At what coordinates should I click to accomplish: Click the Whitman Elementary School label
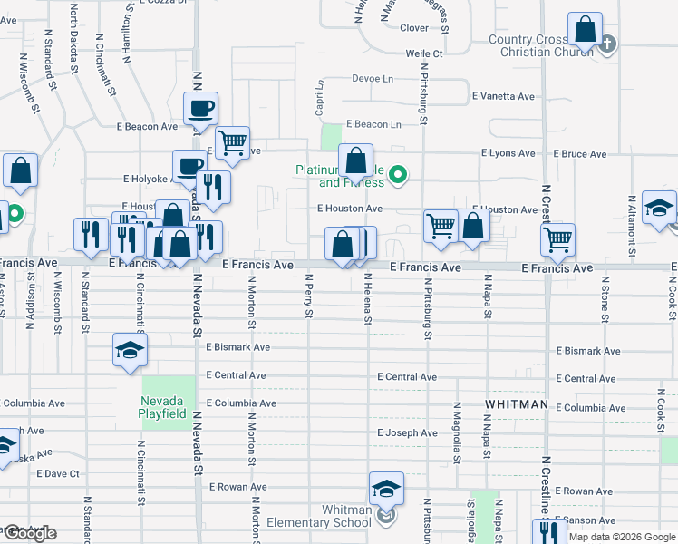coord(319,516)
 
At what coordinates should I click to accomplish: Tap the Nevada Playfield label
coord(163,408)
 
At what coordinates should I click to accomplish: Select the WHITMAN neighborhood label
coord(517,403)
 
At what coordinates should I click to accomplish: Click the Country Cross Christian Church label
coord(540,45)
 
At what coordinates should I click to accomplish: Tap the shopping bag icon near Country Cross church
coord(586,29)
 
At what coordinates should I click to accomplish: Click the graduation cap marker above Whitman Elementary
coord(386,490)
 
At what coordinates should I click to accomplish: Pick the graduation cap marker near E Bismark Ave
coord(131,350)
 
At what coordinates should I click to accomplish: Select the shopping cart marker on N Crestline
coord(557,239)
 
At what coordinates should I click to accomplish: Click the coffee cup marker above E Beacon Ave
coord(200,108)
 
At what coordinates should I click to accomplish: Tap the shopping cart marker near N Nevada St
coord(232,142)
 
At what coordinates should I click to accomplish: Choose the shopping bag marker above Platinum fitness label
coord(356,160)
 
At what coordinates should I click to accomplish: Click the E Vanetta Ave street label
coord(503,96)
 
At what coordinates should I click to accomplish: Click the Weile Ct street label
coord(423,54)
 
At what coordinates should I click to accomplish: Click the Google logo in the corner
coord(30,533)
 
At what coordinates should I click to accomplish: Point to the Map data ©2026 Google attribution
coord(622,537)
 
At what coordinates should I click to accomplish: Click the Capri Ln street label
coord(319,100)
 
